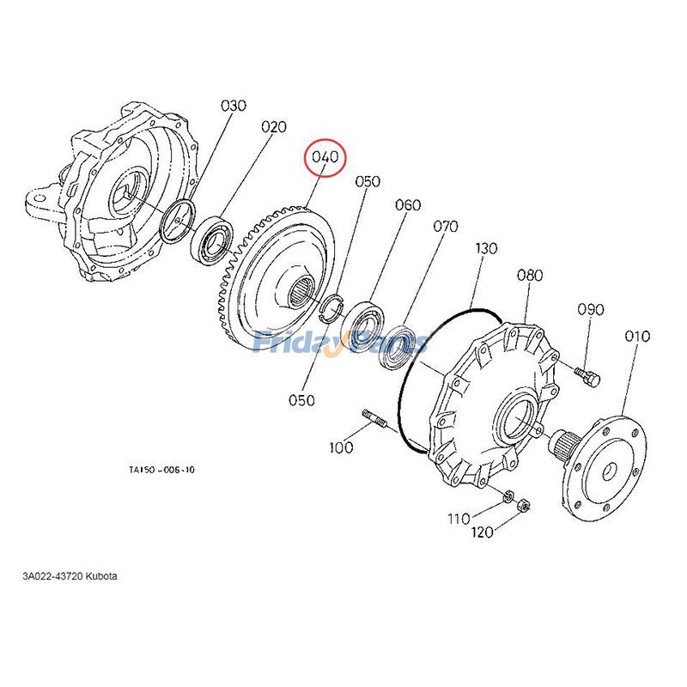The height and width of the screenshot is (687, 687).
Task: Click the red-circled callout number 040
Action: [x=327, y=158]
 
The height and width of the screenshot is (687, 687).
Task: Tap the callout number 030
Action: [x=234, y=106]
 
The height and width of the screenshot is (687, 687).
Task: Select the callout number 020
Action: [x=273, y=127]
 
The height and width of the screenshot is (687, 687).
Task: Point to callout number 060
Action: [x=408, y=205]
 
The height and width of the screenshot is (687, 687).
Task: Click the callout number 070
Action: [x=446, y=227]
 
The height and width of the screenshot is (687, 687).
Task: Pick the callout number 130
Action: [x=486, y=248]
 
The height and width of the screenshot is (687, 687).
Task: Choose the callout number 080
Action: [x=530, y=276]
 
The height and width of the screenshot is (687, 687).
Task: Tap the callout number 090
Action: [x=590, y=309]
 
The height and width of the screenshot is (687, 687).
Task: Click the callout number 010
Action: [x=637, y=336]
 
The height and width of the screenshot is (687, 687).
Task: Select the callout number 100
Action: [x=342, y=447]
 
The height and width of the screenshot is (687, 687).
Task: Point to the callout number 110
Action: [x=459, y=518]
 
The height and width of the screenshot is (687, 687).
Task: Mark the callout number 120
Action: [x=482, y=532]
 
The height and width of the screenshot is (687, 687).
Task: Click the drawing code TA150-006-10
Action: [x=161, y=470]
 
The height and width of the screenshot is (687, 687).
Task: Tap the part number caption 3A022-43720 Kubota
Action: [x=70, y=575]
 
